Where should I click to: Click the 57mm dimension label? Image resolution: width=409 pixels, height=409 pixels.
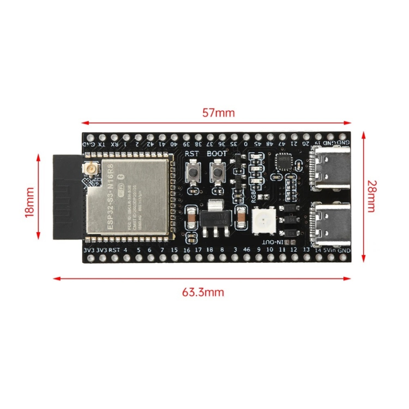(218, 113)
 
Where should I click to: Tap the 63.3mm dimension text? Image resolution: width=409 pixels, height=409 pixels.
(203, 292)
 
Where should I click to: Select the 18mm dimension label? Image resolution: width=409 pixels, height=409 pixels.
(29, 202)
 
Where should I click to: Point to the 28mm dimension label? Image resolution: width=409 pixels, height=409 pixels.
(371, 196)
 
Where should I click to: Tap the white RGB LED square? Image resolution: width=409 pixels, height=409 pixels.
(264, 220)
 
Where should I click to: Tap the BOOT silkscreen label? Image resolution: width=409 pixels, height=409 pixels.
(216, 154)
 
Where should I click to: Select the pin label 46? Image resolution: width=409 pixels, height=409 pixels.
(246, 249)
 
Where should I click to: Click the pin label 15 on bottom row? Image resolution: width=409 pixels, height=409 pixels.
(174, 250)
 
